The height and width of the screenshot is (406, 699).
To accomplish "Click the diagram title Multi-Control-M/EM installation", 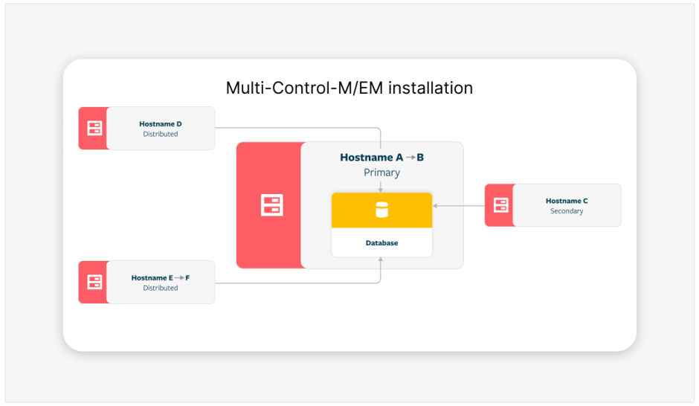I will [x=349, y=88].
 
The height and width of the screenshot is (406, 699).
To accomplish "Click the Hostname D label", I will [x=161, y=124].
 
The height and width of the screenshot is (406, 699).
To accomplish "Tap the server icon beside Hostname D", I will [x=94, y=129].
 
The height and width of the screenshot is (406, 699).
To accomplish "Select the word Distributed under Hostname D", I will [x=161, y=135].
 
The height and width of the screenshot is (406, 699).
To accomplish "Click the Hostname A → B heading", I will [x=381, y=158].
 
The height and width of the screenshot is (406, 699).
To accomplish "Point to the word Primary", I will [x=381, y=173].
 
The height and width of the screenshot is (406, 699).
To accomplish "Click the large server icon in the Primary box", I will [x=271, y=205].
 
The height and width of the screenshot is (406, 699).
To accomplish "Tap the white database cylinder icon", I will [x=381, y=210].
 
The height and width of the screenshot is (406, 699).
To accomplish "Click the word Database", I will [x=381, y=243].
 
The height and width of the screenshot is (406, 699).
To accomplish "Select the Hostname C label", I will [x=567, y=201].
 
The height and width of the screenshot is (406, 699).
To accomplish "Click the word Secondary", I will [x=567, y=211].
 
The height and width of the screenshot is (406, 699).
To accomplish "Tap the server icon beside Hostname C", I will [x=500, y=205].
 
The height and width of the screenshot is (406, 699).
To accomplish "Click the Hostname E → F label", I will [x=161, y=277].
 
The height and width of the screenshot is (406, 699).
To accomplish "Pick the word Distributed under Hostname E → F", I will [x=161, y=288].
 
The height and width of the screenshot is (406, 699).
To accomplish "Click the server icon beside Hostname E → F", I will [x=94, y=283].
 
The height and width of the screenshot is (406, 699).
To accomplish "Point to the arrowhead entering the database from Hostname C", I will [x=436, y=205].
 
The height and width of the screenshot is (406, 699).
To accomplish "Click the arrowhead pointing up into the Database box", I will [x=381, y=260].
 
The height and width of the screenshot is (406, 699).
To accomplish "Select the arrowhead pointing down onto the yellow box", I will [x=381, y=190].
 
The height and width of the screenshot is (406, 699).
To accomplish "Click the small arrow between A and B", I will [x=410, y=158].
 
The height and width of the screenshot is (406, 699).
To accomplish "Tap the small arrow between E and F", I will [x=178, y=277].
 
